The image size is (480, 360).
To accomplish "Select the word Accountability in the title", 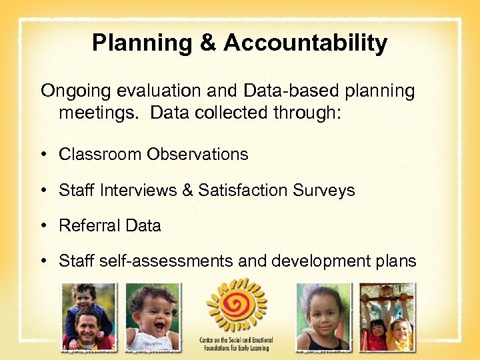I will [305, 43].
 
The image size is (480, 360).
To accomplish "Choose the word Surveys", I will [324, 190].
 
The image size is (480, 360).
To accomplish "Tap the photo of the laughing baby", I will [153, 316].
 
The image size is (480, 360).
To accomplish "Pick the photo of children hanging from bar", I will [387, 316].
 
